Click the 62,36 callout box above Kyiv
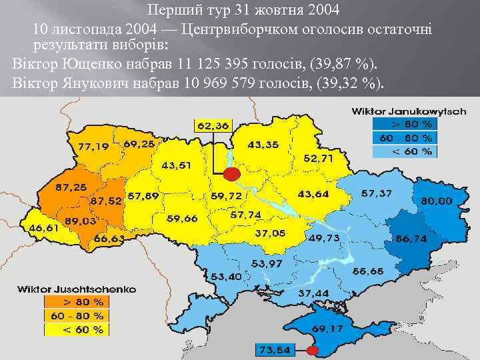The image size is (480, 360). [x=213, y=125]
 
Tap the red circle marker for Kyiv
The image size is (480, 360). [x=231, y=175]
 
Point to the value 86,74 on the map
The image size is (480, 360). [x=411, y=237]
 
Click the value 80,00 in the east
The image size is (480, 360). [x=435, y=200]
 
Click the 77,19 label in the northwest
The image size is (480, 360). [x=93, y=146]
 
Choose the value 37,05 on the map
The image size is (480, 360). [x=270, y=233]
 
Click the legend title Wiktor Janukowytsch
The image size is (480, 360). [x=409, y=111]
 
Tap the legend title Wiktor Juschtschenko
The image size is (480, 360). [x=76, y=289]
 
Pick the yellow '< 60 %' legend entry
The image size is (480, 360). [x=76, y=329]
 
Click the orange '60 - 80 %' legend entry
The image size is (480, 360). [x=76, y=315]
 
